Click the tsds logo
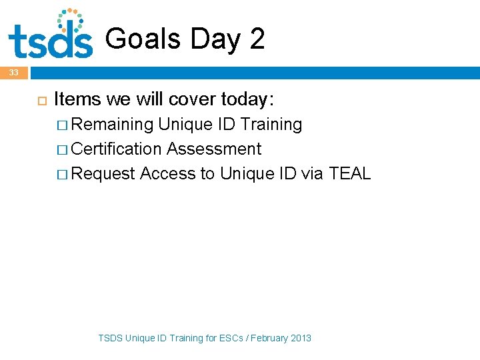(51, 35)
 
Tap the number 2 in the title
(257, 39)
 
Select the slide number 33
(14, 72)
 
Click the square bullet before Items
(39, 100)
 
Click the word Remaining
(112, 125)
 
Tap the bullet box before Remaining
(62, 125)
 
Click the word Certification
(117, 149)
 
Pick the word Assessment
(214, 149)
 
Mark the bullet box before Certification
(62, 150)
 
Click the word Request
(103, 174)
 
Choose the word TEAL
(350, 174)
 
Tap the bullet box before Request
(62, 175)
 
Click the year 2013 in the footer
(301, 338)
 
